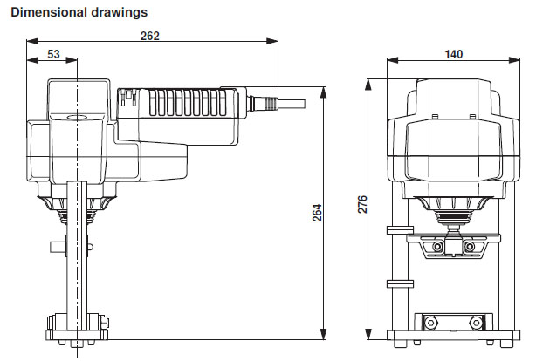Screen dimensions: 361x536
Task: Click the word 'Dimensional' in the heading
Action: [x=45, y=12]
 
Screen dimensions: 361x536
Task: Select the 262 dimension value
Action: [x=151, y=36]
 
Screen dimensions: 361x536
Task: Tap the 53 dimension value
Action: [x=53, y=54]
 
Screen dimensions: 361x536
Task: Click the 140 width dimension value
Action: [x=453, y=54]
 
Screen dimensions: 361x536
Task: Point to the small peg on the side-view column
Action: [x=58, y=245]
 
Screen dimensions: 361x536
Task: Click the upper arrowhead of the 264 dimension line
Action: [x=324, y=90]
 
